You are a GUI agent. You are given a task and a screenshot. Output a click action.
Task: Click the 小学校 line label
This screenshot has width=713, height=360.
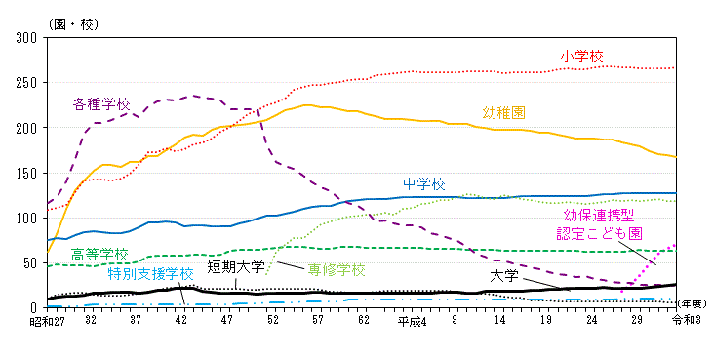pyautogui.click(x=581, y=57)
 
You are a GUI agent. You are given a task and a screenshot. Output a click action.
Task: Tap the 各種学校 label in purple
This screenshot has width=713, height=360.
pyautogui.click(x=100, y=103)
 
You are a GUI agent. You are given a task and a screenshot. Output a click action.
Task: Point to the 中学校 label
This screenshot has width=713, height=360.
pyautogui.click(x=424, y=183)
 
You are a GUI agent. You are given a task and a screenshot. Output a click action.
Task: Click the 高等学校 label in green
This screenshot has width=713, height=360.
pyautogui.click(x=99, y=254)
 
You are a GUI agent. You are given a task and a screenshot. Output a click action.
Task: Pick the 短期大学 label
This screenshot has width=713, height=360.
pyautogui.click(x=236, y=266)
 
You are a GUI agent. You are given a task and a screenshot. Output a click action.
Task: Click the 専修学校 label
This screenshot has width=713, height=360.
pyautogui.click(x=337, y=269)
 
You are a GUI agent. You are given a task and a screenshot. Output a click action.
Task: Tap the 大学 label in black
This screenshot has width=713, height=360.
pyautogui.click(x=503, y=276)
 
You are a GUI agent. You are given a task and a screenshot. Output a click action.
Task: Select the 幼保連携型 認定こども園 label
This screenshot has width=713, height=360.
pyautogui.click(x=599, y=224)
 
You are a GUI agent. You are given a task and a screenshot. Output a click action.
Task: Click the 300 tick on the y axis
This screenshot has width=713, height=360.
pyautogui.click(x=27, y=37)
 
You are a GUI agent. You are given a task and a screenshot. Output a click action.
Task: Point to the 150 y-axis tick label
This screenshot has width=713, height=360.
pyautogui.click(x=27, y=173)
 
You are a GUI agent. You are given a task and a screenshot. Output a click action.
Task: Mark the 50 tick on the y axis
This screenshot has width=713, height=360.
pyautogui.click(x=31, y=263)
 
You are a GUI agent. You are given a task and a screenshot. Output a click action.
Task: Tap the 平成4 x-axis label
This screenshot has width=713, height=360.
pyautogui.click(x=410, y=320)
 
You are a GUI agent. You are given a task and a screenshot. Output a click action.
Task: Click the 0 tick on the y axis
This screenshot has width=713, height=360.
pyautogui.click(x=35, y=308)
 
